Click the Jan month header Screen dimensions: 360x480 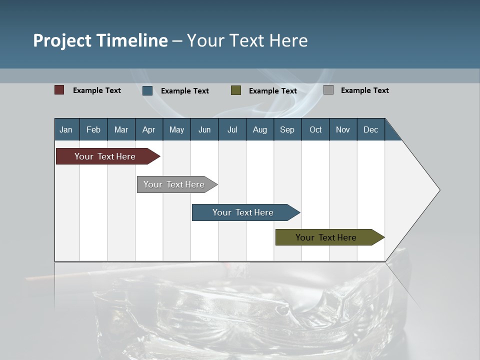click(x=66, y=129)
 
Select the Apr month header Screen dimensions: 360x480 click(x=149, y=129)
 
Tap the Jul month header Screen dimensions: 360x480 click(x=232, y=129)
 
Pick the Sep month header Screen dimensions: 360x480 click(x=287, y=129)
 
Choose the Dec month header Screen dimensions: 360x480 click(x=371, y=129)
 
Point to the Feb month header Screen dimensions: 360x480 click(x=93, y=129)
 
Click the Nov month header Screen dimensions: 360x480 click(x=343, y=129)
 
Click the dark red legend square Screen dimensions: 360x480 click(x=59, y=90)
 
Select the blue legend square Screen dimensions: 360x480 click(x=147, y=90)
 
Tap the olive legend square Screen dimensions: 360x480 click(x=236, y=90)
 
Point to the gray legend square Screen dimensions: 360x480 click(x=328, y=90)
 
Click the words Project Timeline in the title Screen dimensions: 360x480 click(x=100, y=40)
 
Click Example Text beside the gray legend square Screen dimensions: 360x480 click(x=364, y=90)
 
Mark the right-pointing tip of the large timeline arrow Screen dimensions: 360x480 click(x=438, y=190)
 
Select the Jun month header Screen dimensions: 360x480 click(x=204, y=129)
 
